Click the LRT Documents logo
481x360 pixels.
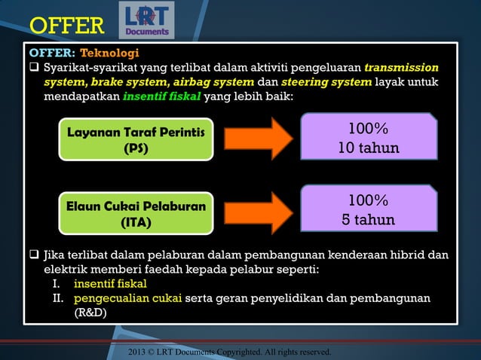146,20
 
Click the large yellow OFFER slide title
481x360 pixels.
66,26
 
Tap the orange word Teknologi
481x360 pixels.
109,53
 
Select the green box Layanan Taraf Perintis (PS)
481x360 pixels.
136,141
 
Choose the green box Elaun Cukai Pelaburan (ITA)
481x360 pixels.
136,214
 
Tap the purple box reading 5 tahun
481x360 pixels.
369,211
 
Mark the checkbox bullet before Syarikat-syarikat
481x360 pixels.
34,68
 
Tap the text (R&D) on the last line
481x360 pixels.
90,313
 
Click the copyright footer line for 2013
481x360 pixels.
229,351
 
